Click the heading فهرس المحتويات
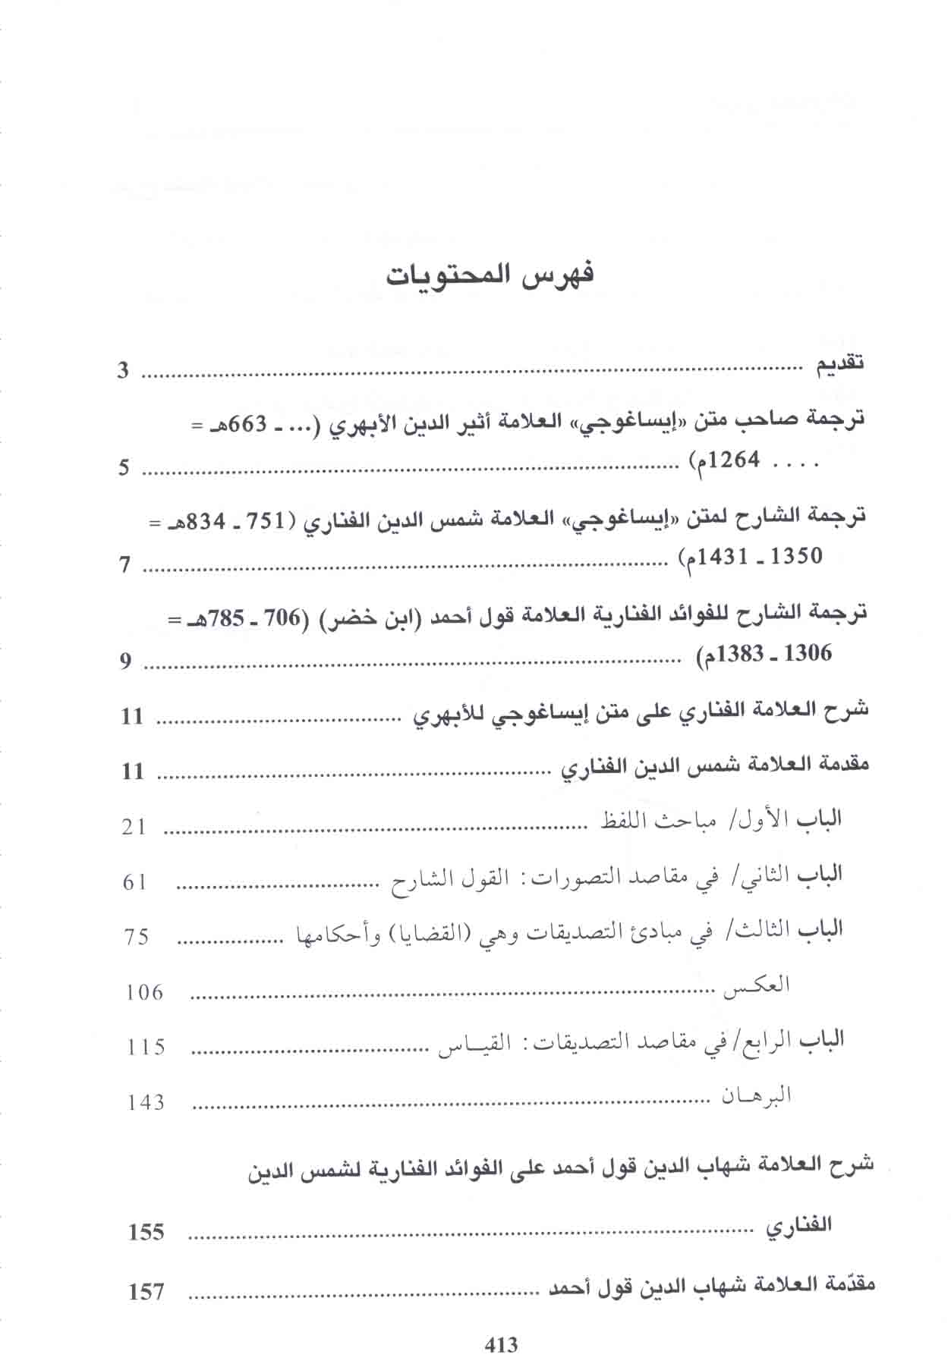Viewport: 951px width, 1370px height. coord(490,275)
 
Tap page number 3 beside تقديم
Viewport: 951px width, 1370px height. coord(124,372)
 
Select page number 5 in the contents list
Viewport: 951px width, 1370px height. coord(124,468)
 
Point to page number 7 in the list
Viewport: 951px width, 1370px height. coord(125,566)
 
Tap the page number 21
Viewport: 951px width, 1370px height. coord(134,827)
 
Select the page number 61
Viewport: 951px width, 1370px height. coord(134,882)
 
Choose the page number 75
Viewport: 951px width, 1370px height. coord(137,938)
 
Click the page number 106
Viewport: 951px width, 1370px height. coord(145,992)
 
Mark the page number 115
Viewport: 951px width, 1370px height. coord(146,1048)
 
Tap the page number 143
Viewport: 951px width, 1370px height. coord(146,1102)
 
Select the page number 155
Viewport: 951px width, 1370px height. coord(146,1232)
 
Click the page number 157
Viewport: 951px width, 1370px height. coord(146,1292)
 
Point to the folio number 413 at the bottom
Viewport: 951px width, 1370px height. coord(501,1345)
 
